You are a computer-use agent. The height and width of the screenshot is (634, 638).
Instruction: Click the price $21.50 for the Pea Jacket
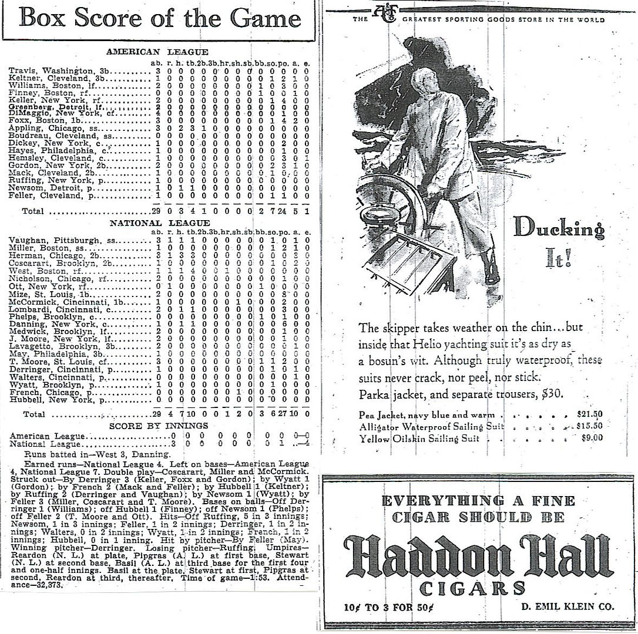pyautogui.click(x=590, y=414)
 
